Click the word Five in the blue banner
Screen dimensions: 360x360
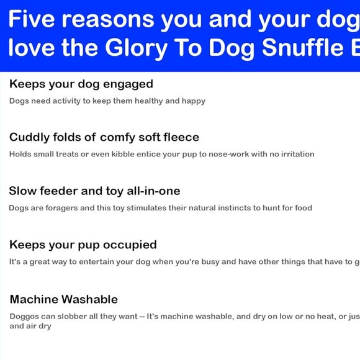click(32, 20)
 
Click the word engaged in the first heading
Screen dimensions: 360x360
click(126, 84)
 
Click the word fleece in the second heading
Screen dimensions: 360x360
click(179, 137)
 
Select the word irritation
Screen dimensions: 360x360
click(294, 154)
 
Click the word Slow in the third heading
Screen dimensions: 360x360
click(22, 191)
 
